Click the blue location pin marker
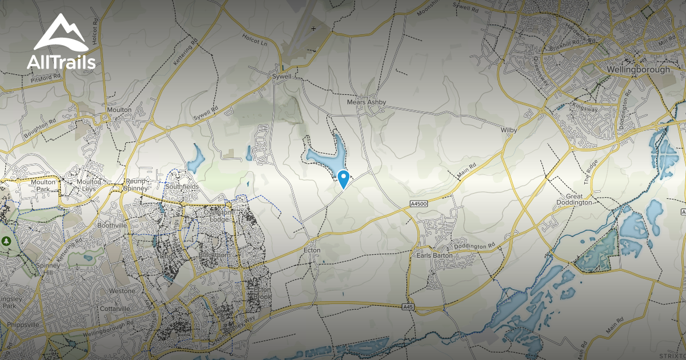point(343,178)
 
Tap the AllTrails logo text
point(61,62)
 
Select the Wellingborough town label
point(639,70)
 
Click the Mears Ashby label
point(366,102)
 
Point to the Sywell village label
point(282,76)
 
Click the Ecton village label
point(312,250)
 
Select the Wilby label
point(509,130)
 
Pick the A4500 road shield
point(419,204)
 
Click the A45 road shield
point(408,307)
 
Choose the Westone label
point(122,291)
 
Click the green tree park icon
point(7,241)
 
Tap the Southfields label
point(182,186)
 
